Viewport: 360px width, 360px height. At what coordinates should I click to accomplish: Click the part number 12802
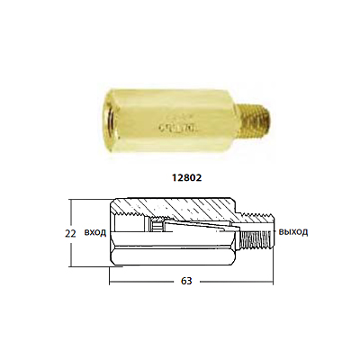click(186, 177)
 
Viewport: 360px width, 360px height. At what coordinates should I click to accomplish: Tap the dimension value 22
click(70, 233)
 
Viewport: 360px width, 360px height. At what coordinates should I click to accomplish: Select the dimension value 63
click(186, 281)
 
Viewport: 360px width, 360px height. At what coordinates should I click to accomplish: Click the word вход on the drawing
click(95, 232)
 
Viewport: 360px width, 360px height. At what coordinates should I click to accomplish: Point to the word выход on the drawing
click(293, 232)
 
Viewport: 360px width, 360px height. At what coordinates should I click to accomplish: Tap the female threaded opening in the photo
click(112, 120)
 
